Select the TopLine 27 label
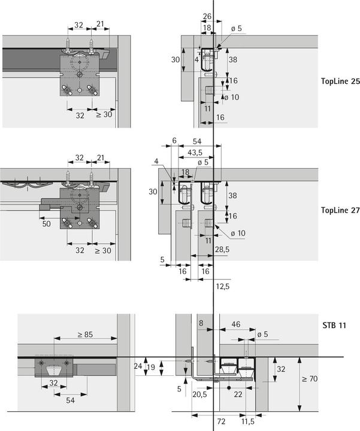(x=340, y=210)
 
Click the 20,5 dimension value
(x=200, y=394)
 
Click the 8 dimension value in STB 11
(x=201, y=323)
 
